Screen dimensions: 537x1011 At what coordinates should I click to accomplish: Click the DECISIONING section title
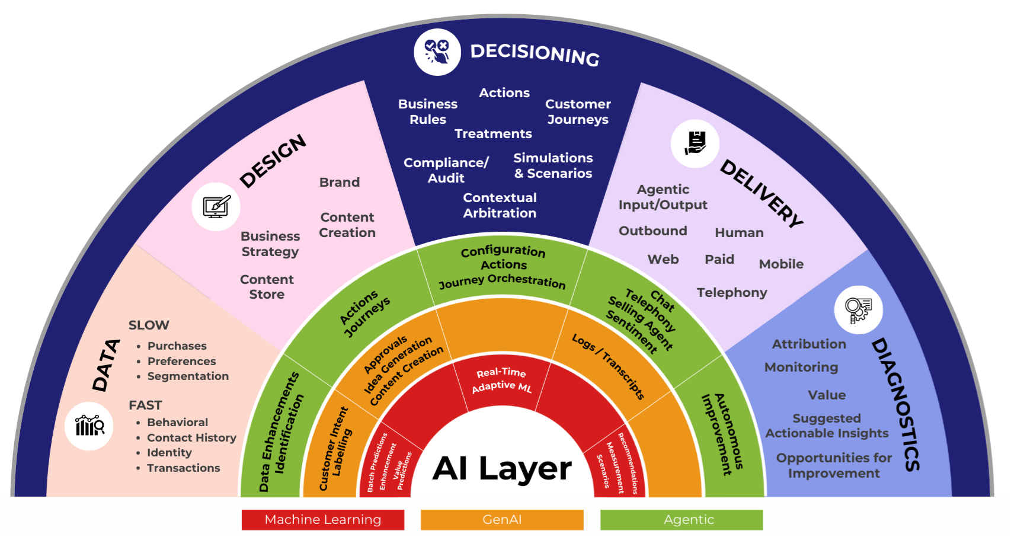pos(535,54)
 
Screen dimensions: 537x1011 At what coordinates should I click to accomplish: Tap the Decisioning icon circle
pos(437,52)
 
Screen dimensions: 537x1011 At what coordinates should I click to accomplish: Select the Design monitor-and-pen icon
pos(216,207)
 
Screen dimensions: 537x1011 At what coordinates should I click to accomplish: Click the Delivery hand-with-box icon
pos(695,143)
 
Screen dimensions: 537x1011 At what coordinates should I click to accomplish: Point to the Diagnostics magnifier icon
pos(858,309)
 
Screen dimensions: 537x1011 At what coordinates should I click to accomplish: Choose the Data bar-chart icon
pos(89,426)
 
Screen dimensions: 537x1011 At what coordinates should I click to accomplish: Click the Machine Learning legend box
pos(323,520)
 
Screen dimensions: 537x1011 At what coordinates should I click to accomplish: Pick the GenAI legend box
pos(502,520)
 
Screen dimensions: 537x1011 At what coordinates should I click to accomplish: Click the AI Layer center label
pos(502,468)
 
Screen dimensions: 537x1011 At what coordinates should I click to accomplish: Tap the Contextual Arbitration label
pos(500,205)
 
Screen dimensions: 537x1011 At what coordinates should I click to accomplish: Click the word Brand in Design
pos(340,182)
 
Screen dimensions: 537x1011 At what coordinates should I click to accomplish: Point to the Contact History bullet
pos(191,437)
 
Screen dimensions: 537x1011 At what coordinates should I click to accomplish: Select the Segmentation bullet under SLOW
pos(188,376)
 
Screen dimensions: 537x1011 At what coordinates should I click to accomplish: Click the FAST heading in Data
pos(145,405)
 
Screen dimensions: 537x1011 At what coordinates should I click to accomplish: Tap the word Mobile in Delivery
pos(781,264)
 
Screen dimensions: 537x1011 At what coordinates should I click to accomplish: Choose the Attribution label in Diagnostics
pos(809,344)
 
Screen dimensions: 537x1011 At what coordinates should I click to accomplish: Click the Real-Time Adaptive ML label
pos(502,379)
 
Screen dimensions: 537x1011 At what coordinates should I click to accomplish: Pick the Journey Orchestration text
pos(502,281)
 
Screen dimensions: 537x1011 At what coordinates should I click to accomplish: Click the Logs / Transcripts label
pos(608,366)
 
